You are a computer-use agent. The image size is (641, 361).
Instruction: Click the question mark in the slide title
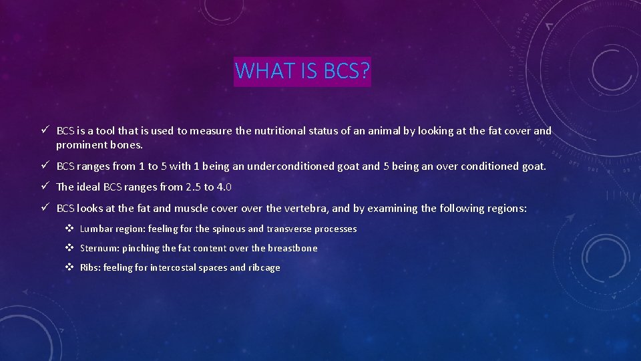click(x=364, y=71)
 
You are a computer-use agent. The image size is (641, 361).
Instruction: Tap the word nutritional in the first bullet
click(x=278, y=131)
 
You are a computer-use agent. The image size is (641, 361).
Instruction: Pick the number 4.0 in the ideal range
click(x=224, y=187)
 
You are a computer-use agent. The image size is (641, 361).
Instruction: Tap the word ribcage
click(x=264, y=267)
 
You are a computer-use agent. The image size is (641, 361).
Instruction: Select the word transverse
click(x=284, y=229)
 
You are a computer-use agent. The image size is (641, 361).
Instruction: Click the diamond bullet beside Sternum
click(x=69, y=248)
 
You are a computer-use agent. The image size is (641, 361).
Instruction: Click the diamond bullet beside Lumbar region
click(x=69, y=229)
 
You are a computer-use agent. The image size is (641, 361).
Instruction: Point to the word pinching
click(x=140, y=248)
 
